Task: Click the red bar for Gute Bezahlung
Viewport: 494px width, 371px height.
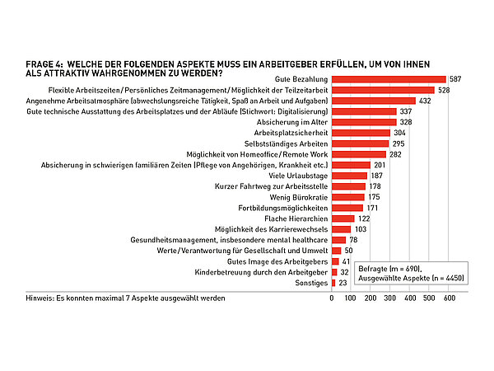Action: coord(389,78)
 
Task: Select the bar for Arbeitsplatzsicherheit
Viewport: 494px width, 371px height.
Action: coord(361,132)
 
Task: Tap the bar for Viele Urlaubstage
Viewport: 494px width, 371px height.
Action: coord(350,175)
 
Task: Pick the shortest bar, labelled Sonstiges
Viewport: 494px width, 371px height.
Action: coord(334,282)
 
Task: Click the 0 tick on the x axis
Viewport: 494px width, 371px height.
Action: coord(332,298)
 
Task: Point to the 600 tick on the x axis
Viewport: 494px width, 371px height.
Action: coord(450,298)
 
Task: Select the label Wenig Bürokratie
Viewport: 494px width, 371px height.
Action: coord(299,196)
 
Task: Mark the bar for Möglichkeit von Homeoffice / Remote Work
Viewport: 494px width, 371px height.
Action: coord(359,153)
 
